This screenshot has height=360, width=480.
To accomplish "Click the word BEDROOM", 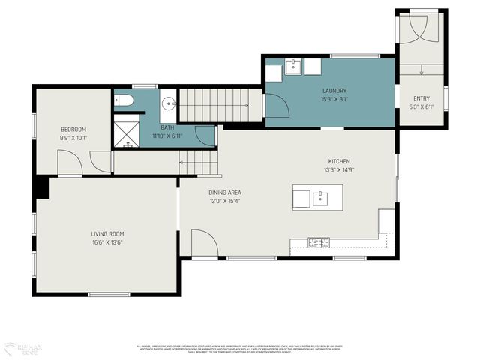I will (73, 129).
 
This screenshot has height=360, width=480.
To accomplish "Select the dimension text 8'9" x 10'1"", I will (73, 138).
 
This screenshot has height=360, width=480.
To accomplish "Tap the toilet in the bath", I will (125, 100).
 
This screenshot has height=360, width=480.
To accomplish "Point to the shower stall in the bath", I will (124, 132).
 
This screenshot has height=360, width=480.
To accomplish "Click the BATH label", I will (166, 127).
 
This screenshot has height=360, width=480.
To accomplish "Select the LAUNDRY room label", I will (334, 91).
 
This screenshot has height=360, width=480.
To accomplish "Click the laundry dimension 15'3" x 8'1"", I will (334, 100).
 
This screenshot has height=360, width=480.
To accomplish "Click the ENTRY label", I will (421, 98).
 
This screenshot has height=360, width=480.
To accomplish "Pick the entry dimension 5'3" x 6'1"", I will (421, 107).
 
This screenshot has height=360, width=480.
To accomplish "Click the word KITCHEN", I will (339, 161).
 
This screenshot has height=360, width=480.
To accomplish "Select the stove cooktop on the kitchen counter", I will (319, 241).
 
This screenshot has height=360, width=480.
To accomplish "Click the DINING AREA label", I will (225, 192).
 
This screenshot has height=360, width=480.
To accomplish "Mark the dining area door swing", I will (202, 244).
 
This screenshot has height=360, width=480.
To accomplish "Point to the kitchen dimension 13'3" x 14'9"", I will (339, 170).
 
